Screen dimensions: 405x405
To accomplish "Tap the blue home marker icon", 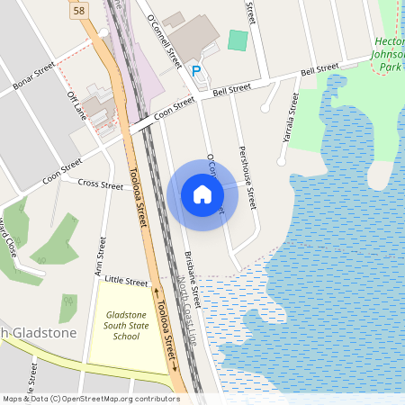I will coord(202,194).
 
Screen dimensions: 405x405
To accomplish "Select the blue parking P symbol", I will coord(196,69).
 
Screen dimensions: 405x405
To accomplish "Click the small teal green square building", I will coord(237,40).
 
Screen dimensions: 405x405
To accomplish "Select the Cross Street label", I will coord(100,184).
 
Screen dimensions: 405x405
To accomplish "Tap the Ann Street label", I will coord(100,257).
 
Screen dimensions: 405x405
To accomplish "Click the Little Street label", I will coord(126,282).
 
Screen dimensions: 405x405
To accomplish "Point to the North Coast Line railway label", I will coord(187,305).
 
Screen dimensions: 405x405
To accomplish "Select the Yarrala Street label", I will coord(289,120).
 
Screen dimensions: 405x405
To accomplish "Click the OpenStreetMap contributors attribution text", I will coord(91,398).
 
